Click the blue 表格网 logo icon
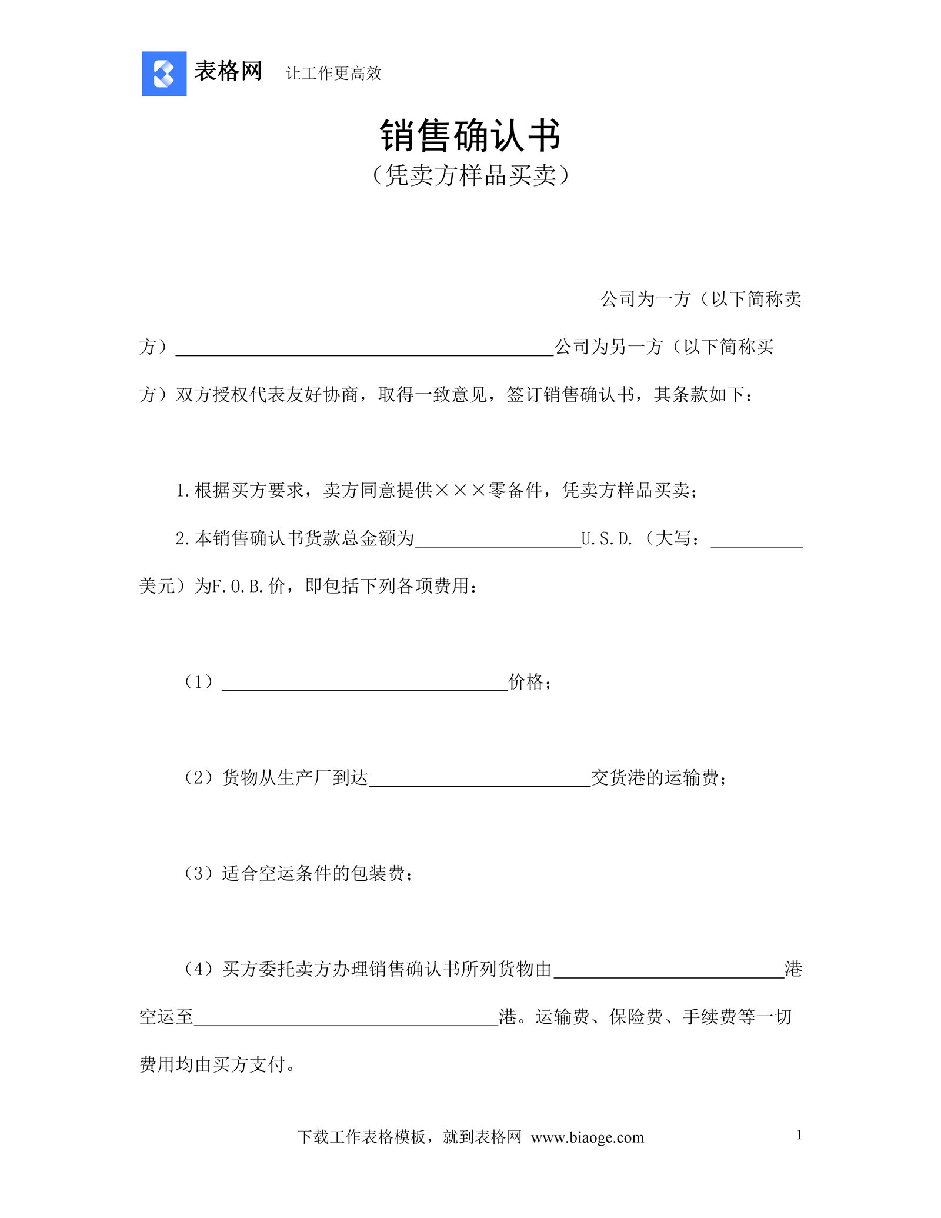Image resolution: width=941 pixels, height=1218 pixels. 164,74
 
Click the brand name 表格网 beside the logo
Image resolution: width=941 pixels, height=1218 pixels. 228,72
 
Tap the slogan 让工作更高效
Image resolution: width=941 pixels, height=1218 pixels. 333,74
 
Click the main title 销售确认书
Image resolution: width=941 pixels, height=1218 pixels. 470,136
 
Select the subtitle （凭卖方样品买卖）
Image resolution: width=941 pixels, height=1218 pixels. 470,175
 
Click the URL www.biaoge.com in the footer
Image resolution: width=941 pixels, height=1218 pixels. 587,1137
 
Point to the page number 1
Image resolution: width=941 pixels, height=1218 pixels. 799,1135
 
